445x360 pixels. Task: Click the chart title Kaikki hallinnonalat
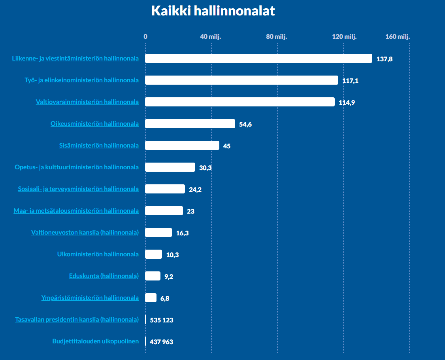(x=213, y=11)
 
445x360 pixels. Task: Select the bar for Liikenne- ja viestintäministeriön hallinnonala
(x=258, y=59)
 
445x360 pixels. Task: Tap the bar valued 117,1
(x=241, y=80)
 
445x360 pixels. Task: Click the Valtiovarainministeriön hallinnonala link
(x=87, y=102)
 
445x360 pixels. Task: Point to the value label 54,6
(x=245, y=124)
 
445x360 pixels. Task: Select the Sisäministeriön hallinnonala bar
(x=182, y=146)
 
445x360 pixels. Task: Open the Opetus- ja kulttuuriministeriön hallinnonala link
(x=77, y=167)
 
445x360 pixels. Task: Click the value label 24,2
(x=195, y=189)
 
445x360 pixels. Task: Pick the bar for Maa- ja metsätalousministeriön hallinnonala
(x=164, y=211)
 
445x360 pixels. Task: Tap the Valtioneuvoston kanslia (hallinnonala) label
(x=85, y=233)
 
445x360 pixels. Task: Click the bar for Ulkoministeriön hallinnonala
(x=153, y=254)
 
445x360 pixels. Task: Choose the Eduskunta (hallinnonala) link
(x=104, y=276)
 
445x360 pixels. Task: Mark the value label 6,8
(x=165, y=298)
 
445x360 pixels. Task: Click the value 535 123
(x=162, y=320)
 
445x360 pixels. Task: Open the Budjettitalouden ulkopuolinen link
(x=96, y=341)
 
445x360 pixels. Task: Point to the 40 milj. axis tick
(x=211, y=37)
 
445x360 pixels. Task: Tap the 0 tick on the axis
(x=145, y=37)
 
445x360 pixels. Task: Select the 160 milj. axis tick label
(x=398, y=37)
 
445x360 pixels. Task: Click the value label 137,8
(x=385, y=59)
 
